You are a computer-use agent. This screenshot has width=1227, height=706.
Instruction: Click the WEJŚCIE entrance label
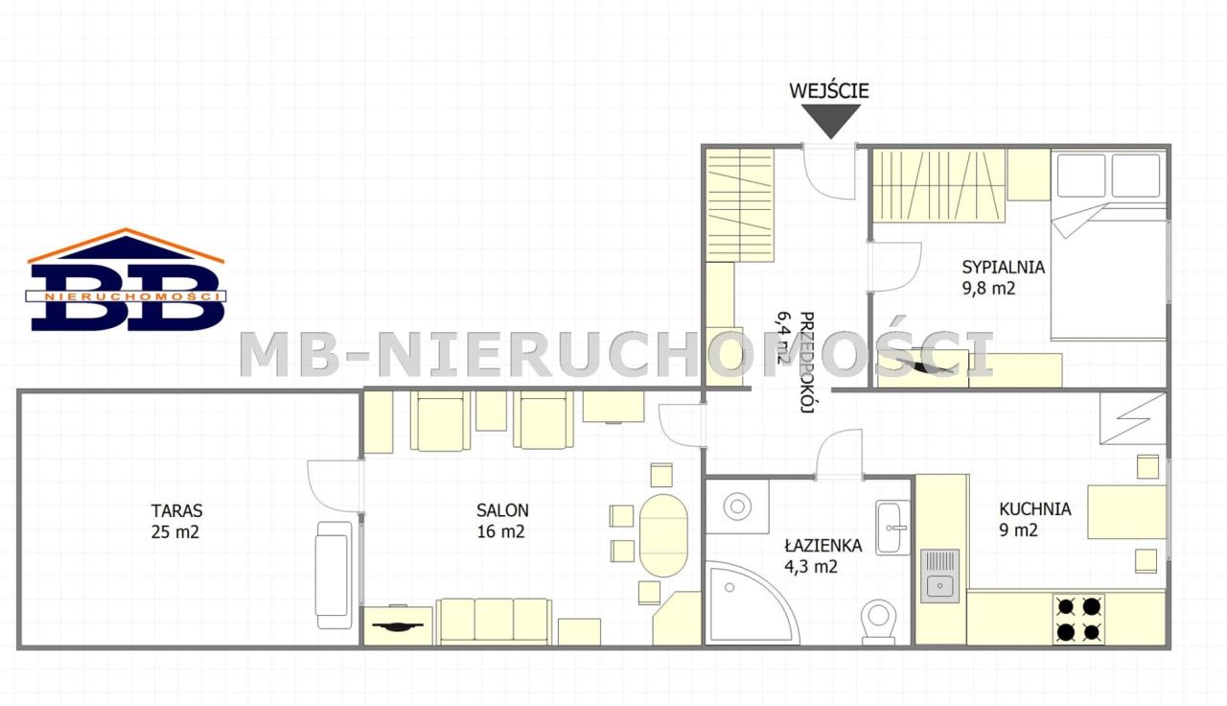pos(829,90)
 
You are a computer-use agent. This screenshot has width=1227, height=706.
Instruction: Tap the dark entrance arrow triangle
pos(831,121)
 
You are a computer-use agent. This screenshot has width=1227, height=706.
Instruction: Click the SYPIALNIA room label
pos(1004,267)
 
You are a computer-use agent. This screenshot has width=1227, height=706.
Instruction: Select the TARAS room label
pos(177,511)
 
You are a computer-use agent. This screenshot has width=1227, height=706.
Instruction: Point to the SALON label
pos(502,510)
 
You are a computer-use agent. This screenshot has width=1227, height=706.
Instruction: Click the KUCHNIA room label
pos(1034,508)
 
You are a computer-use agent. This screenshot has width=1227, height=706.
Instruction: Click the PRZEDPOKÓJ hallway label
pos(806,363)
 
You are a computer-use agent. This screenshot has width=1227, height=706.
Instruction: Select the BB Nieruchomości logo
pos(126,280)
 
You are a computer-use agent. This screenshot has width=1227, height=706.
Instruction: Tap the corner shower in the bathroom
pos(750,602)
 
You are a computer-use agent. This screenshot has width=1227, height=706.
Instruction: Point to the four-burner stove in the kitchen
pos(1078,620)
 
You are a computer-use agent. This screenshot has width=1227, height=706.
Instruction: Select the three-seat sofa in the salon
pos(494,621)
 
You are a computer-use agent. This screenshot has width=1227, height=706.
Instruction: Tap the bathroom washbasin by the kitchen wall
pos(892,528)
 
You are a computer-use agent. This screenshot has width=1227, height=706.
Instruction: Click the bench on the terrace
pos(334,575)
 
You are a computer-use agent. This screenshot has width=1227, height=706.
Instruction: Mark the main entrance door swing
pos(829,172)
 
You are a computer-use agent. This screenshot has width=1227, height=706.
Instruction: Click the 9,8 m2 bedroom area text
pos(988,289)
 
